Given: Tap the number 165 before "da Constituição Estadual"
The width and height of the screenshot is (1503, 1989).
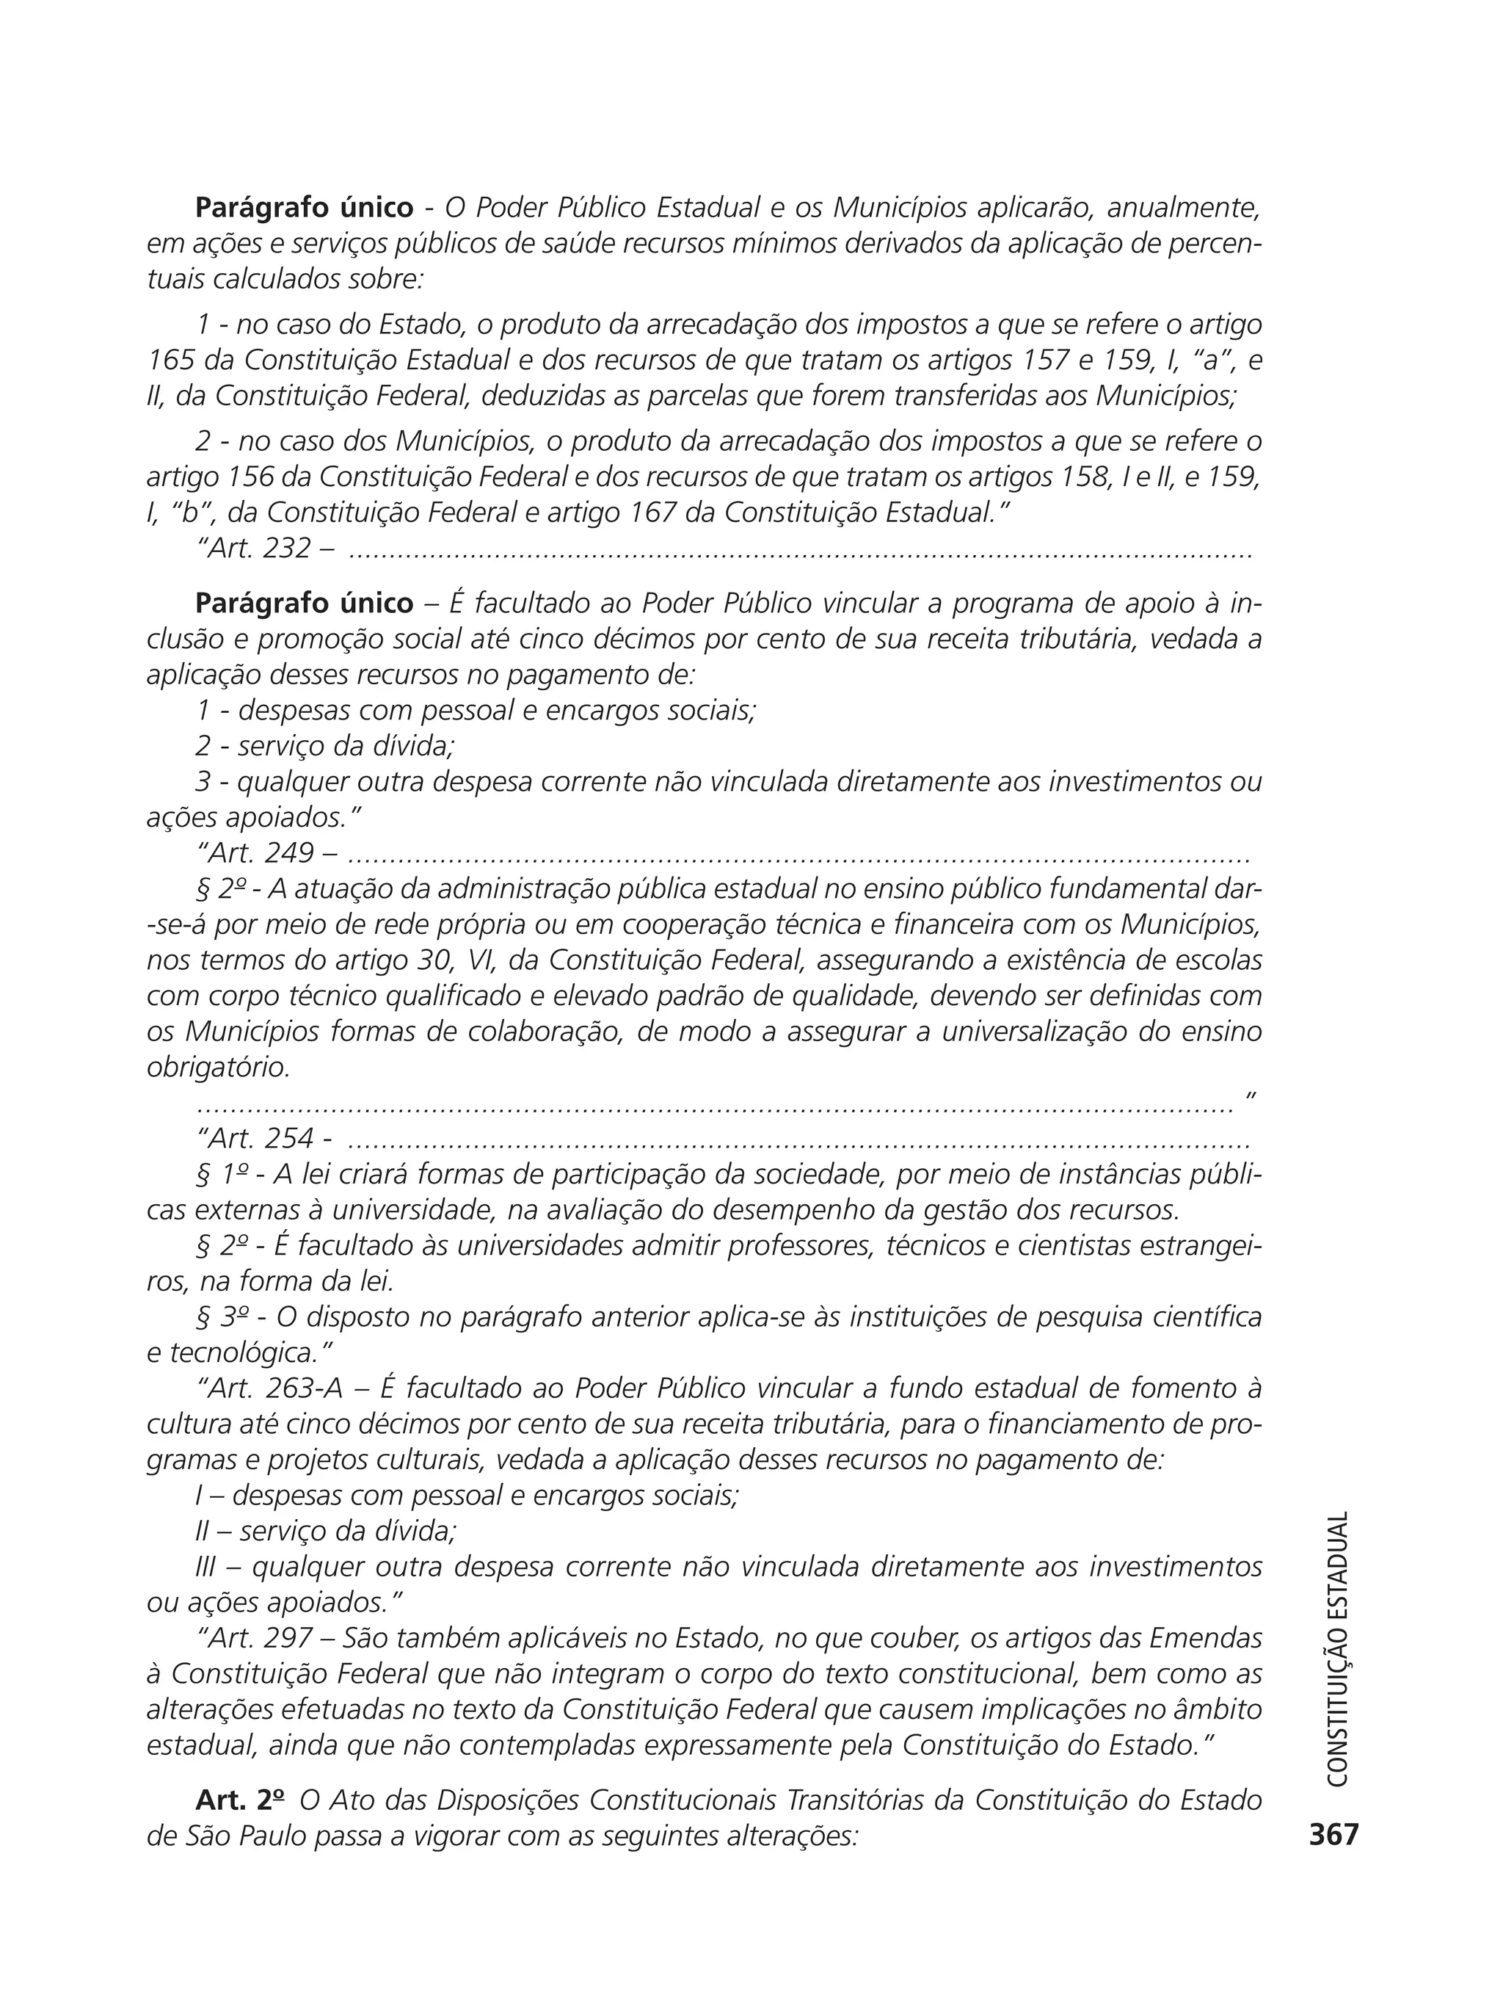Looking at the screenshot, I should click(x=171, y=360).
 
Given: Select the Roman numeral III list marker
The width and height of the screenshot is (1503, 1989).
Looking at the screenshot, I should click(x=205, y=1566).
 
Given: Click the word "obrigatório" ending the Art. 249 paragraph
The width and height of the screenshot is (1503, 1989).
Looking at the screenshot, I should click(x=217, y=1068).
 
